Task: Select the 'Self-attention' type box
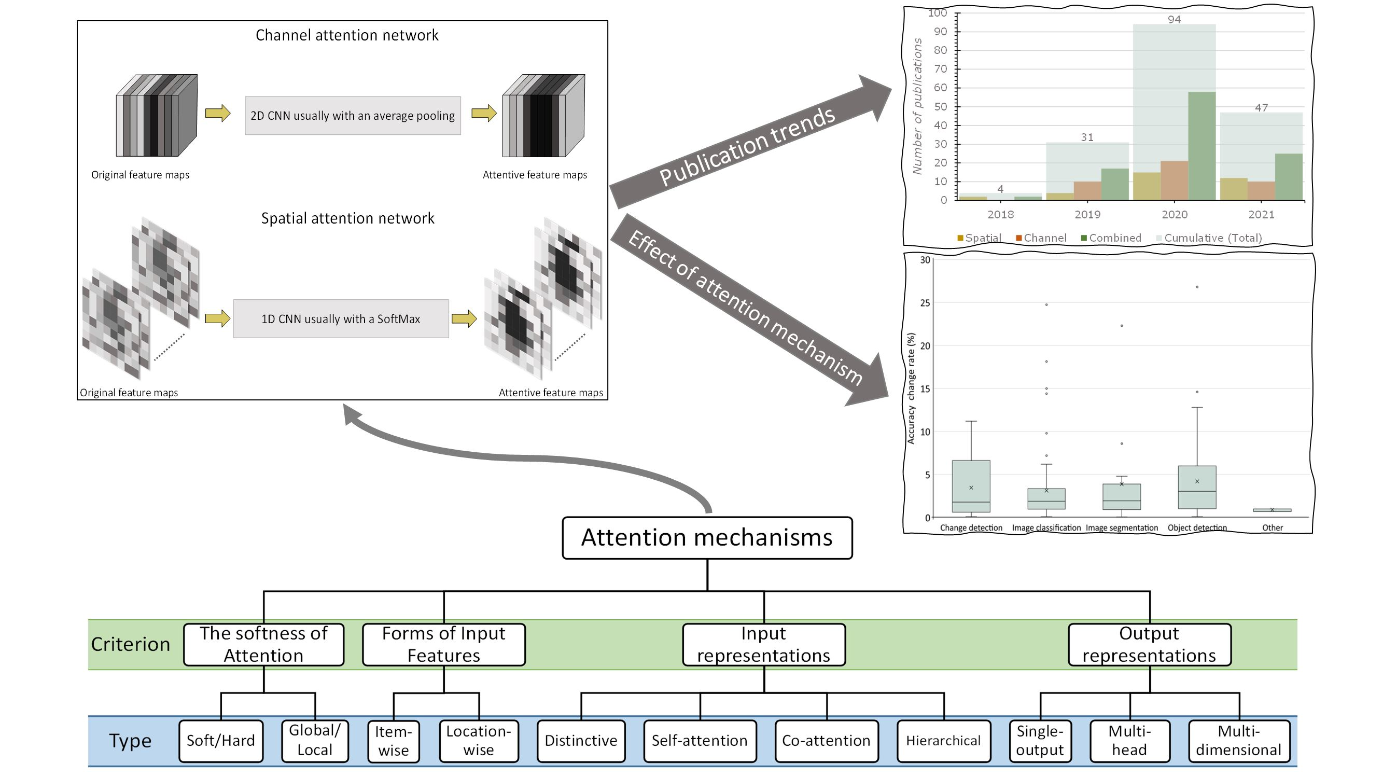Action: [x=700, y=741]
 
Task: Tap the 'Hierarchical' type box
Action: [x=943, y=741]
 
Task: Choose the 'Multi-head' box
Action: [x=1129, y=741]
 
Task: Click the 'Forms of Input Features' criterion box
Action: [x=443, y=644]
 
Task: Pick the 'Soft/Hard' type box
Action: [x=221, y=741]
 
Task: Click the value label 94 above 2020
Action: [x=1174, y=20]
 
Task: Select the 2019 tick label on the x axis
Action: [x=1087, y=214]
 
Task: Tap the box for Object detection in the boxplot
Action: [x=1197, y=487]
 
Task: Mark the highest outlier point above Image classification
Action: [x=1046, y=304]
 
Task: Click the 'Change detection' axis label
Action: [x=971, y=528]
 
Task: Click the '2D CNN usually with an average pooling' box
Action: [x=353, y=116]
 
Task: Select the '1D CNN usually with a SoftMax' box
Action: [x=340, y=318]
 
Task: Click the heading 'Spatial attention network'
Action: [x=347, y=218]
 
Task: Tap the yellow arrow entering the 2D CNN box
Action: [x=217, y=113]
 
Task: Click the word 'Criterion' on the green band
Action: [x=131, y=644]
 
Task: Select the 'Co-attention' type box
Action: [x=826, y=741]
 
